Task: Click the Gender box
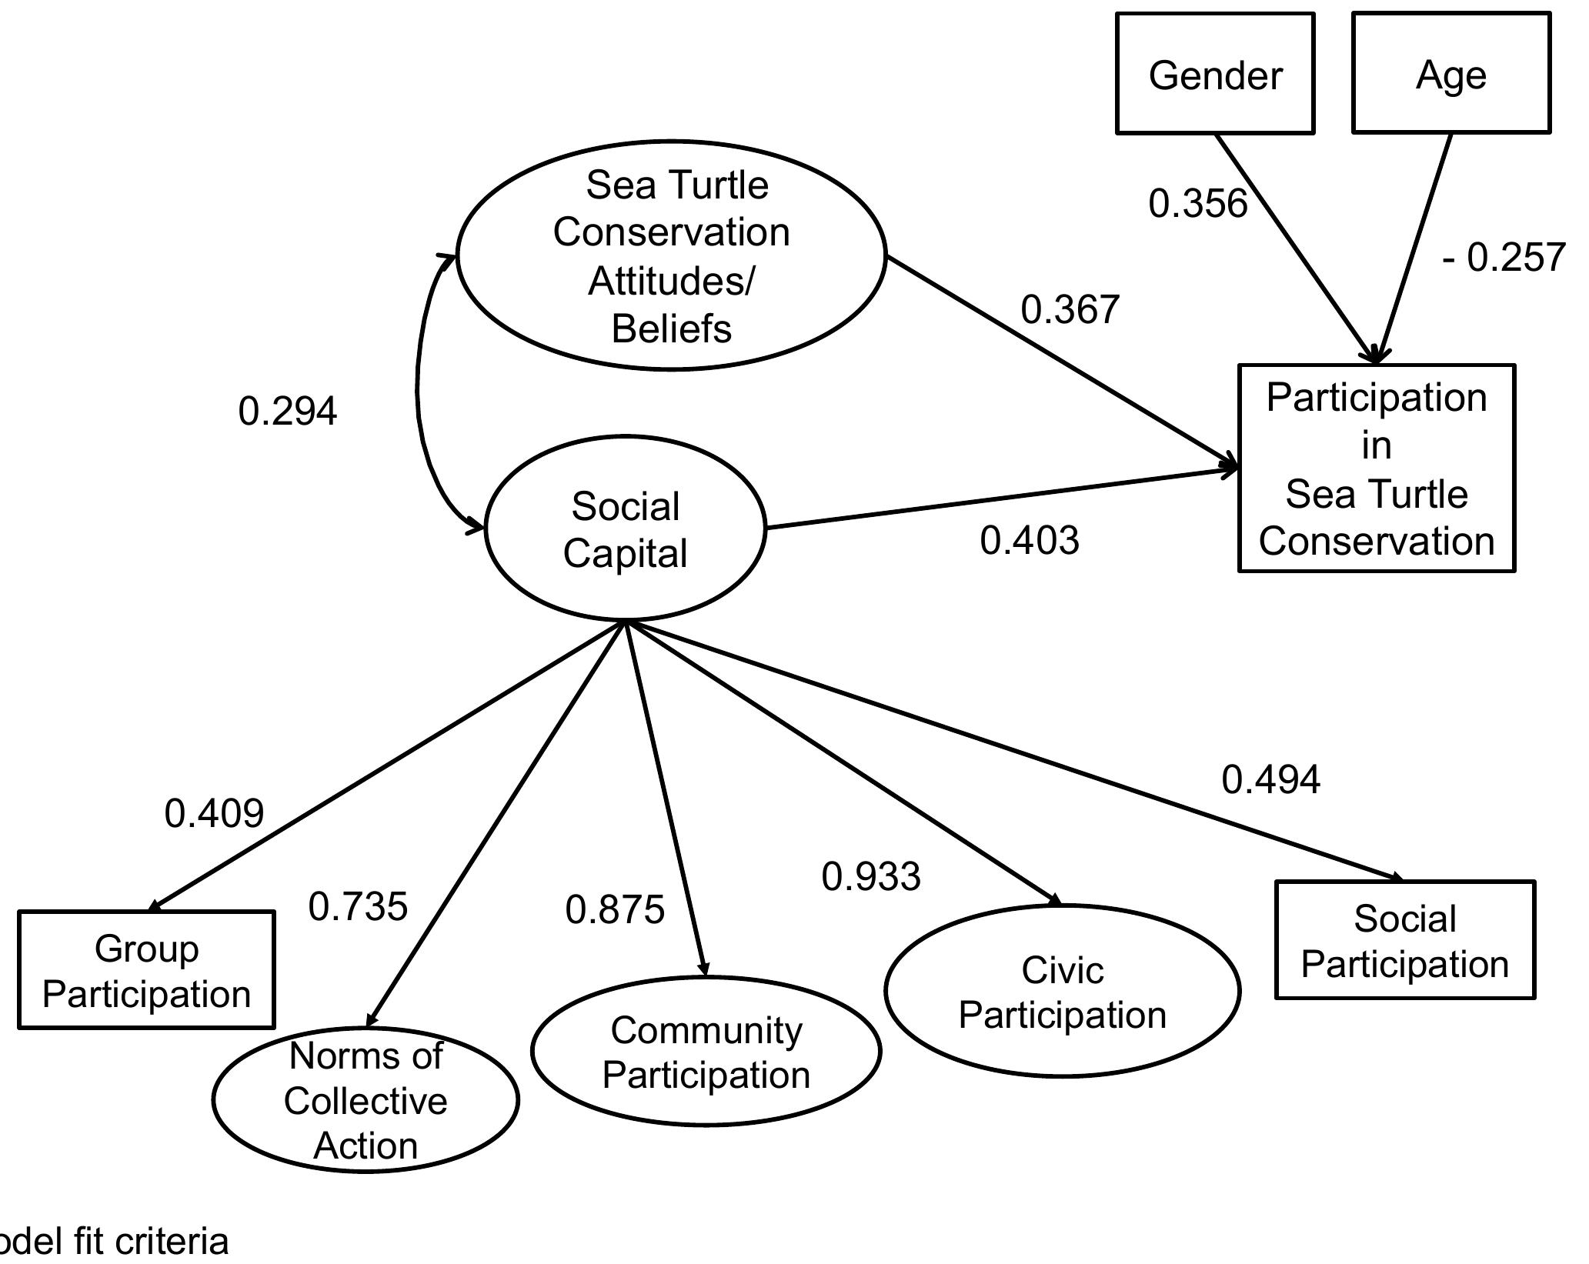1215,74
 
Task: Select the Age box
1450,74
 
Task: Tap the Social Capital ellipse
625,529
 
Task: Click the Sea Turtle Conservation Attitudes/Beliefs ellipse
671,255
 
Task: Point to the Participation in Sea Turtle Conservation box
1376,469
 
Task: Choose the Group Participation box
146,970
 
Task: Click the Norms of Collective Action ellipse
366,1100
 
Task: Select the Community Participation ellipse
706,1052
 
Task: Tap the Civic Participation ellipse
1062,991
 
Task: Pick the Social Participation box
1404,940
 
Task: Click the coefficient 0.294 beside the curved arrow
287,411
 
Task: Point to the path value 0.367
1070,309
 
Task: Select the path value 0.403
1030,540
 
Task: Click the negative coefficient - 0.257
1504,257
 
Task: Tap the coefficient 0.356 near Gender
1197,204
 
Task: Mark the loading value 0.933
870,877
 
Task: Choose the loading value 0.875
614,910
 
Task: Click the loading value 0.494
1270,779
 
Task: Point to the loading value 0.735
358,906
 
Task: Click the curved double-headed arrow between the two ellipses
418,392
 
